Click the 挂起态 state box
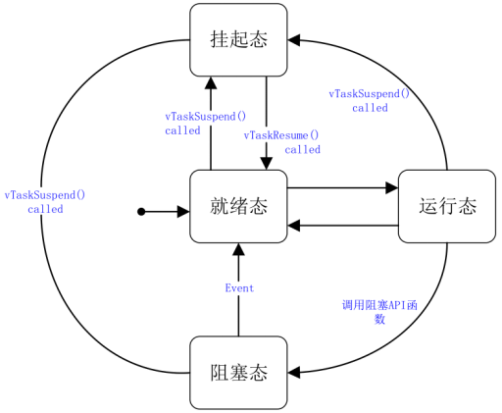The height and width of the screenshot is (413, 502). point(238,39)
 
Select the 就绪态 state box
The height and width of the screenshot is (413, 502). point(238,206)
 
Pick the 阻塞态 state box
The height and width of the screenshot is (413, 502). point(238,373)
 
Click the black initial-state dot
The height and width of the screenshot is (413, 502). point(141,212)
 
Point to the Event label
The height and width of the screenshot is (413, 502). point(239,288)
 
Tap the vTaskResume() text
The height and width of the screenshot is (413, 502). point(282,134)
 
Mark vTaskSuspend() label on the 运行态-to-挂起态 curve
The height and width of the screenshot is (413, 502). point(369,101)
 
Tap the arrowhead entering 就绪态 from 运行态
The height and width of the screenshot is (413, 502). point(295,226)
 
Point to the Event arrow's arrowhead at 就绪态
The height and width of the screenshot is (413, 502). point(238,251)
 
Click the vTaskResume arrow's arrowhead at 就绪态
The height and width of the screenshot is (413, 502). point(266,162)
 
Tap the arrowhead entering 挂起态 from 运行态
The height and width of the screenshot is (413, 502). point(295,40)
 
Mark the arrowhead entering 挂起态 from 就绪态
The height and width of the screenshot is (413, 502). point(210,83)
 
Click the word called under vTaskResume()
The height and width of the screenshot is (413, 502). point(302,150)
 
